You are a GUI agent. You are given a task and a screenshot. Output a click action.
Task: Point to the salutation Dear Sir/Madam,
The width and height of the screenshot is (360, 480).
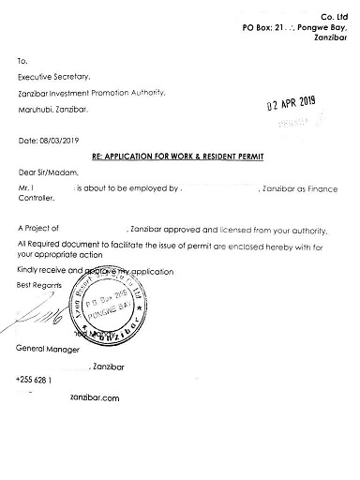(x=47, y=173)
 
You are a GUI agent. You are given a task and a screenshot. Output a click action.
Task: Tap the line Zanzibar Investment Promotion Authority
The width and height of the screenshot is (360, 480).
(x=91, y=92)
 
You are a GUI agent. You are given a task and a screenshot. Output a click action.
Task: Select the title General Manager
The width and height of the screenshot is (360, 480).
(x=49, y=348)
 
